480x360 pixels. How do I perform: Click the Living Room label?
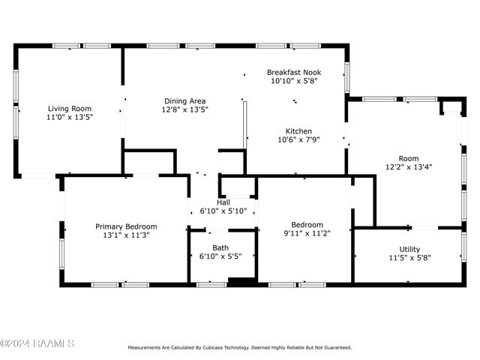click(70, 109)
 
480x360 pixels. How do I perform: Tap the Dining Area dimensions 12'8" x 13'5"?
click(185, 109)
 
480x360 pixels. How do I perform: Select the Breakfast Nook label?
click(294, 73)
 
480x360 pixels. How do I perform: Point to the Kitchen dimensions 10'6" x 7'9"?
click(298, 140)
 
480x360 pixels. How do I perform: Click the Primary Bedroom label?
click(126, 226)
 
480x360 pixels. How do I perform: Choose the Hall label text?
click(223, 202)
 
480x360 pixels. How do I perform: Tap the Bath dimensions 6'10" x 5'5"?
click(220, 256)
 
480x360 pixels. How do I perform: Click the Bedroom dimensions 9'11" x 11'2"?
click(307, 233)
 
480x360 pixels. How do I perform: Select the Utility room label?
click(409, 249)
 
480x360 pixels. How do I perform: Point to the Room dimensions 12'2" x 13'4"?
click(409, 166)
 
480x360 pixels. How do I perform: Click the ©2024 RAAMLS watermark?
click(37, 343)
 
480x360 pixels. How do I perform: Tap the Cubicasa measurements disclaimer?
click(240, 347)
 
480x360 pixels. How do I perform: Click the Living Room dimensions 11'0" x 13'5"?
click(70, 117)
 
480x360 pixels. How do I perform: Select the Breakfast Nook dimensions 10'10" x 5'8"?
click(294, 81)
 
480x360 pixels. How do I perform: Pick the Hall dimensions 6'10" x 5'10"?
click(223, 211)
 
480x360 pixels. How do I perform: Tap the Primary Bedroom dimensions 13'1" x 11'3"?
click(126, 235)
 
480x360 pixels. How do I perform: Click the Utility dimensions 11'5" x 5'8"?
click(409, 258)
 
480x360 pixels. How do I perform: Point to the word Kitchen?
click(298, 131)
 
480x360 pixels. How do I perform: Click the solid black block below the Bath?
click(242, 281)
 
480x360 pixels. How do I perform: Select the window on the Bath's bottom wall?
click(211, 285)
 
